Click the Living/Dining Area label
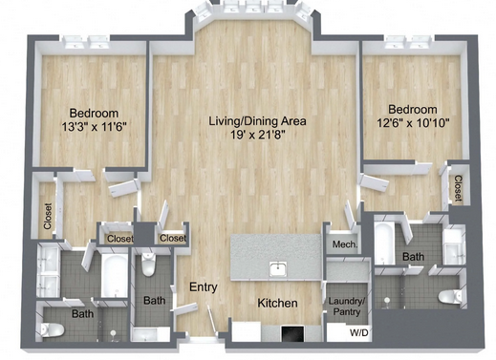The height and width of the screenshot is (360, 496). [257, 121]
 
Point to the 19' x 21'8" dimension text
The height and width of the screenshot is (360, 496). [257, 135]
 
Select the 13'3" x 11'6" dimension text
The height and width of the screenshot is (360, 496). [94, 127]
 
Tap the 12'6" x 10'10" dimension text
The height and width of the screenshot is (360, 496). [413, 123]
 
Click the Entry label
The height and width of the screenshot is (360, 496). [204, 287]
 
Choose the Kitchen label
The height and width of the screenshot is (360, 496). [277, 303]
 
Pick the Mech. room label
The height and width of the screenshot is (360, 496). [345, 244]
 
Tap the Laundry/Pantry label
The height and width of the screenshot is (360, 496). [347, 307]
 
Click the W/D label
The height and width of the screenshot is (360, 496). [359, 333]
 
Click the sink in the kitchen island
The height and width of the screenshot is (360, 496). [278, 269]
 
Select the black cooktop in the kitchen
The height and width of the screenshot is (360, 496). [292, 333]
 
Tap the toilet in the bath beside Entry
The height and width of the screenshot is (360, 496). [148, 265]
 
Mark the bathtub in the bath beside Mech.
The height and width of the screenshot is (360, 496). [384, 244]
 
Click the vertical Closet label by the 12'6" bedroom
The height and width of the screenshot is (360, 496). [458, 188]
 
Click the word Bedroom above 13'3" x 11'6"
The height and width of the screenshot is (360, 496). [94, 114]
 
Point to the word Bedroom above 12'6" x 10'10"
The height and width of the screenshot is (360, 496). [413, 110]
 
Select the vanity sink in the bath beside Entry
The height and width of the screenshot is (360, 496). [146, 334]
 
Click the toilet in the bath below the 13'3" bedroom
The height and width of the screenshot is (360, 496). [53, 329]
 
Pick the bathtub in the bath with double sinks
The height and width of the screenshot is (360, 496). [115, 276]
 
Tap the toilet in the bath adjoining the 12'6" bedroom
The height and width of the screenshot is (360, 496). [449, 297]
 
